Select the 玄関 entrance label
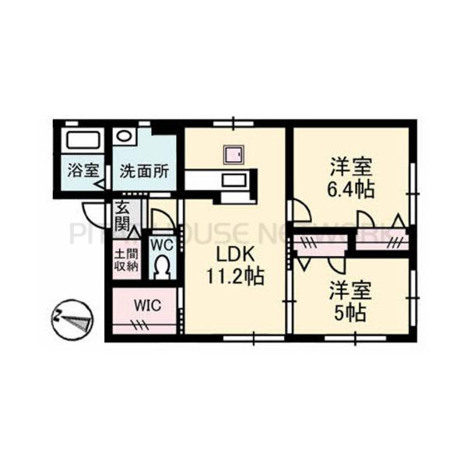coord(124,217)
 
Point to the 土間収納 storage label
coord(125,260)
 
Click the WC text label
coord(161,244)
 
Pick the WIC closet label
coord(147,305)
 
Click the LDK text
coord(233,256)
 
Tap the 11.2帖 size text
coord(233,276)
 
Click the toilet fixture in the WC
coord(161,269)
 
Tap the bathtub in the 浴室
coord(82,141)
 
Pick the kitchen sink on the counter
coord(233,181)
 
